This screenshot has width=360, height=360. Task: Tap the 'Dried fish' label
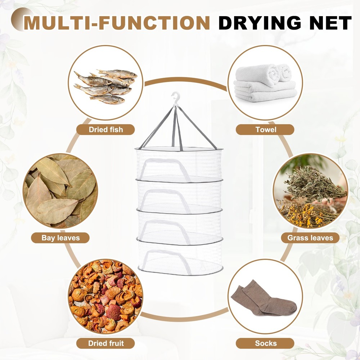click(x=106, y=130)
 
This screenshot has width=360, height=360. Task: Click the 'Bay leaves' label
click(x=60, y=238)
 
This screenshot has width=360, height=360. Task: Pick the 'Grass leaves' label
click(x=310, y=238)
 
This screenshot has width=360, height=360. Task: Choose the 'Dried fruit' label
click(x=106, y=343)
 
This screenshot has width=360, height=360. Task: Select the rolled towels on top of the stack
click(x=268, y=74)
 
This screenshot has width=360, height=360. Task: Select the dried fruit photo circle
click(x=105, y=296)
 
